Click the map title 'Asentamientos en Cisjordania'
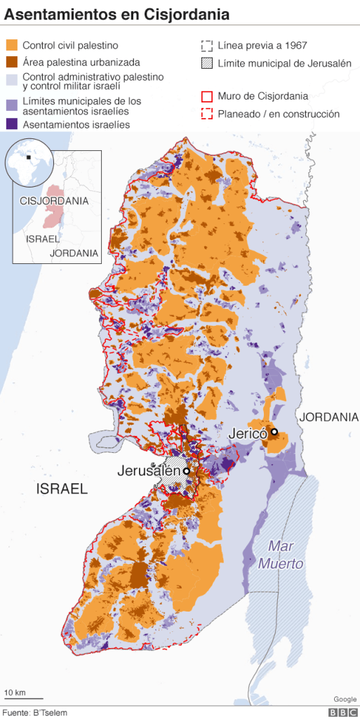117,15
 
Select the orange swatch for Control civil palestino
11,46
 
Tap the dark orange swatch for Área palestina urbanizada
11,62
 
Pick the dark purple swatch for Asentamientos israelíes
11,124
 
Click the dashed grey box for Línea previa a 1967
206,46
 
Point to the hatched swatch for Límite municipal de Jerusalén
206,63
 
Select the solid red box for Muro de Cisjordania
206,96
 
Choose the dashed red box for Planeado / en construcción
206,114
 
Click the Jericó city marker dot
274,432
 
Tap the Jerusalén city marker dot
187,471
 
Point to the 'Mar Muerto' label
280,555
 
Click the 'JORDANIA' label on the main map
329,417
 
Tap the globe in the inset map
30,159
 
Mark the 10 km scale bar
23,698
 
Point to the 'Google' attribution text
344,699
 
